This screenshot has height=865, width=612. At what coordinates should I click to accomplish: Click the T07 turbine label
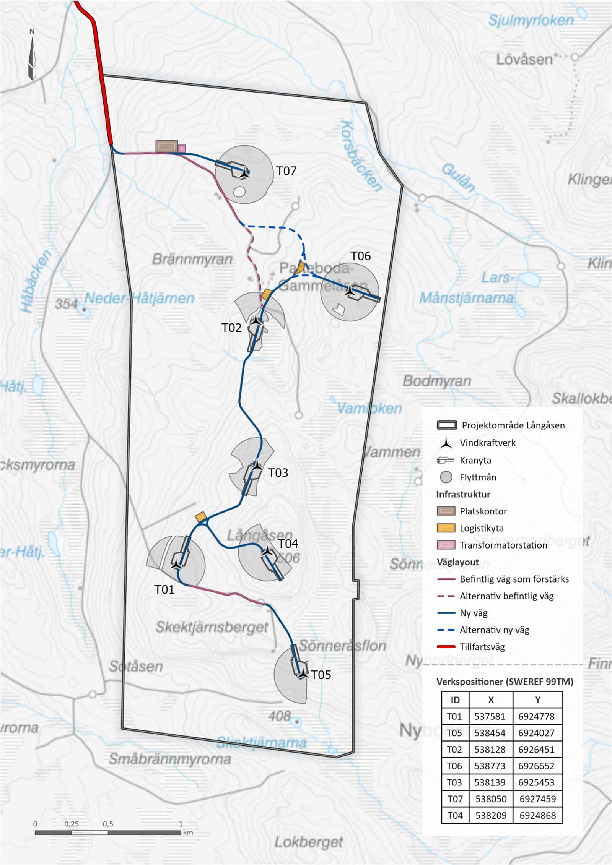pyautogui.click(x=286, y=171)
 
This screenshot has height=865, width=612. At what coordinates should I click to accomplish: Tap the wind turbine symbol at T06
pyautogui.click(x=349, y=291)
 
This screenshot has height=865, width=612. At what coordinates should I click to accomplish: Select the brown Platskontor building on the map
pyautogui.click(x=167, y=146)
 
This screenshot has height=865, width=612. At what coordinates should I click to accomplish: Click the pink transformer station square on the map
pyautogui.click(x=182, y=148)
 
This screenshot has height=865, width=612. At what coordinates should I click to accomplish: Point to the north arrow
pyautogui.click(x=32, y=57)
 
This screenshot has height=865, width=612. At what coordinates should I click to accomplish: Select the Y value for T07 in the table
pyautogui.click(x=537, y=799)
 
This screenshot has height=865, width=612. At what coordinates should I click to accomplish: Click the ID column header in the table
pyautogui.click(x=455, y=700)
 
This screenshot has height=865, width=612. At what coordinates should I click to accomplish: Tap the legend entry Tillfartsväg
pyautogui.click(x=482, y=647)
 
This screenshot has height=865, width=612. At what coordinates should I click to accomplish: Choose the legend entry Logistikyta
pyautogui.click(x=481, y=528)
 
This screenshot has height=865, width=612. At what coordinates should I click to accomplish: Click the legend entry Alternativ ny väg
pyautogui.click(x=494, y=630)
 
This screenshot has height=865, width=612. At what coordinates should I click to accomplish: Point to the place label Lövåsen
pyautogui.click(x=524, y=60)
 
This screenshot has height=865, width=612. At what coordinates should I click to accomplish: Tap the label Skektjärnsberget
pyautogui.click(x=212, y=627)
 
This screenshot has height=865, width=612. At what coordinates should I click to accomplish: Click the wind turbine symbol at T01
pyautogui.click(x=176, y=564)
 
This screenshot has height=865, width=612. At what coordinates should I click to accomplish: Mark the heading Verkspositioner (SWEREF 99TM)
pyautogui.click(x=505, y=682)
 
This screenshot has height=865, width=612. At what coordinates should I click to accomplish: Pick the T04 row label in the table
pyautogui.click(x=455, y=815)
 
